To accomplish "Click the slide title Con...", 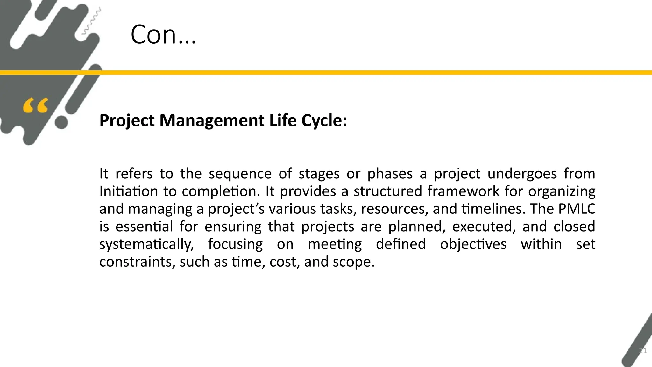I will [x=163, y=34].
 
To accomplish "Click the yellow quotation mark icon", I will [x=36, y=106].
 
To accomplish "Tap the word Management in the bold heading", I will [x=212, y=121].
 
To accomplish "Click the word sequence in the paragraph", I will [x=240, y=174].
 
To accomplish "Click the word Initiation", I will [x=128, y=191].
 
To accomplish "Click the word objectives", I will [x=473, y=244].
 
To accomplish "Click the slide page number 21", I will [x=643, y=351].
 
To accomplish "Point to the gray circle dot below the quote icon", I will [x=61, y=122].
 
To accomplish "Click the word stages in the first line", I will [x=319, y=174].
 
